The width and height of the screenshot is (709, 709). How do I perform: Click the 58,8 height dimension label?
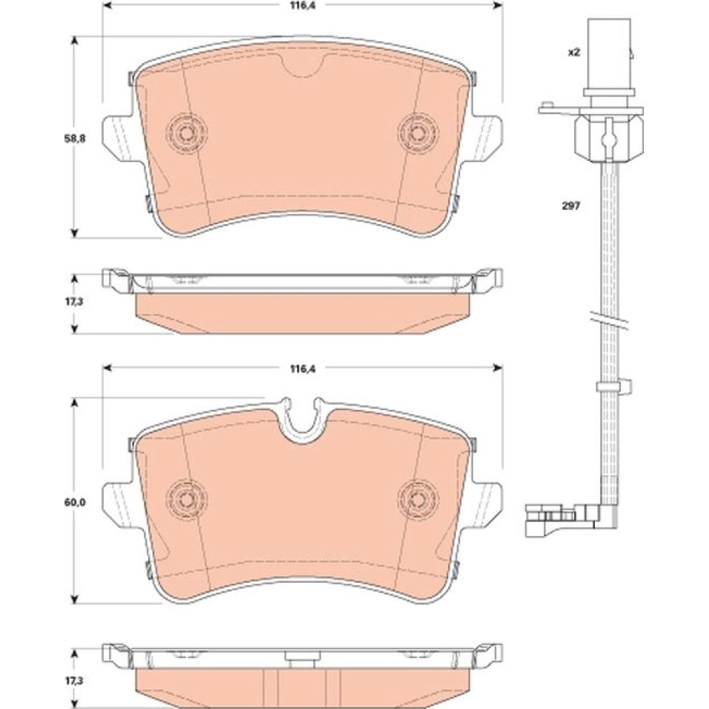74,139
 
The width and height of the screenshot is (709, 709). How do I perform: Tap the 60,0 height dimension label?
74,502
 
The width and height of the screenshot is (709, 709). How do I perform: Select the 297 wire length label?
571,206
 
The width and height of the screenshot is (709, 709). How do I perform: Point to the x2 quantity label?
574,52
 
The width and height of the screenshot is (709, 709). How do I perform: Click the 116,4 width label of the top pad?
303,6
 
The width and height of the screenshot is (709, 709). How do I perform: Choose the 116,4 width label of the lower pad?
303,369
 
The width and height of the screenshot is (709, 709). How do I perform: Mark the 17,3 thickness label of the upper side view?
74,301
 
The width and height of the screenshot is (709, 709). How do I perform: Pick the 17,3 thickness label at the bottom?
74,680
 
